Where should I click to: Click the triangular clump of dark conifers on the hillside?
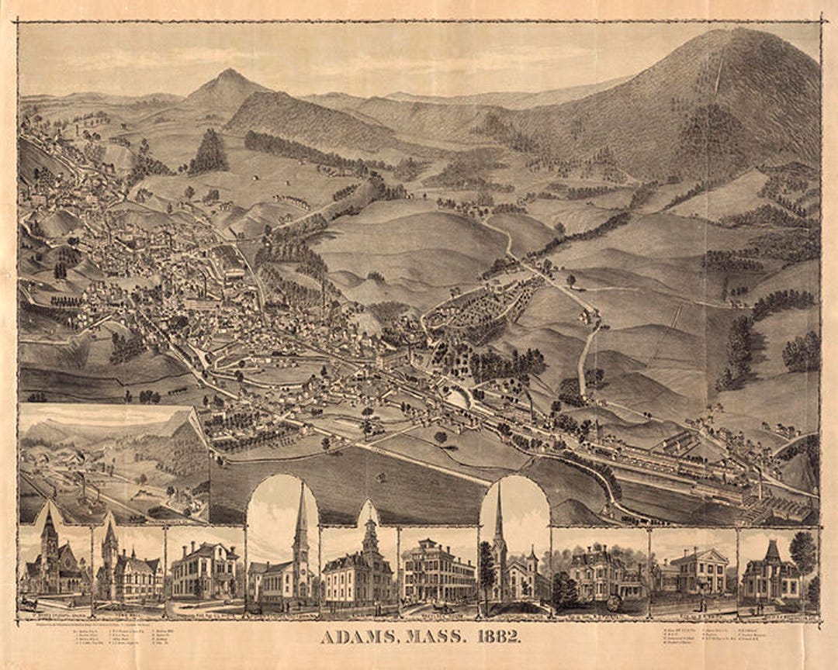tap(209, 152)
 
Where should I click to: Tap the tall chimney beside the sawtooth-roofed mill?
tap(759, 485)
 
